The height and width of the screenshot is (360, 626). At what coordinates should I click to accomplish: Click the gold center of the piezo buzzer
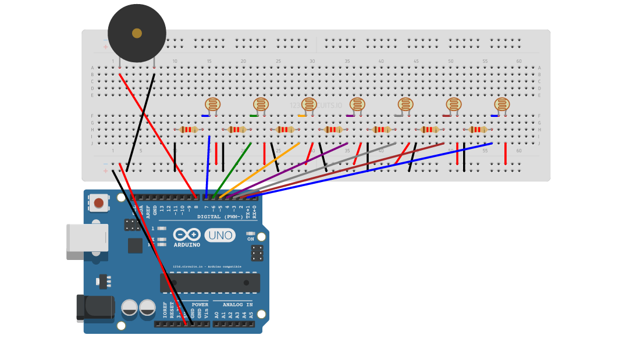tap(137, 33)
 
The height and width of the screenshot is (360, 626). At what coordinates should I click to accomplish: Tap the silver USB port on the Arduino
tap(87, 238)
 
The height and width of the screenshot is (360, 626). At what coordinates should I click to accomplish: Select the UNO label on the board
tap(220, 236)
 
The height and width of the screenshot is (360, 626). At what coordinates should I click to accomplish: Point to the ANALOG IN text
tap(237, 305)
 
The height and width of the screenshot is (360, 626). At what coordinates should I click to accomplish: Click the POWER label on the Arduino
tap(200, 305)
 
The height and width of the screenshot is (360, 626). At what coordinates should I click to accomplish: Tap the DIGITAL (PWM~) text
tap(220, 216)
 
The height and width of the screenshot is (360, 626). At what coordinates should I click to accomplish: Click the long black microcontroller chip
tap(209, 283)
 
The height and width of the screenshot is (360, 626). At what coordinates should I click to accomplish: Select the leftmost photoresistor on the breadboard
tap(212, 105)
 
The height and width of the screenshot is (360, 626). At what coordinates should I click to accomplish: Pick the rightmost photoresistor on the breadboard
tap(501, 105)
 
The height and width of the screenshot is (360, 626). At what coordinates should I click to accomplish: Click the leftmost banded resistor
tap(188, 130)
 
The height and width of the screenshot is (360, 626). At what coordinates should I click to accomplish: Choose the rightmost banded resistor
tap(478, 130)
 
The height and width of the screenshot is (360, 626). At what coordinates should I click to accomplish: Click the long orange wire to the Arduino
tap(262, 169)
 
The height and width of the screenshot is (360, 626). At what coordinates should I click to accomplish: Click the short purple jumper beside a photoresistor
tap(350, 116)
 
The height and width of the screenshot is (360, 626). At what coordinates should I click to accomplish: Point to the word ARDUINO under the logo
tap(187, 245)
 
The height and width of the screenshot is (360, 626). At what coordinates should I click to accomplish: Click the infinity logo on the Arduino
tap(187, 234)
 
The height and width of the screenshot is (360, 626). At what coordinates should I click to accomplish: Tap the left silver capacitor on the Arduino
tap(129, 308)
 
